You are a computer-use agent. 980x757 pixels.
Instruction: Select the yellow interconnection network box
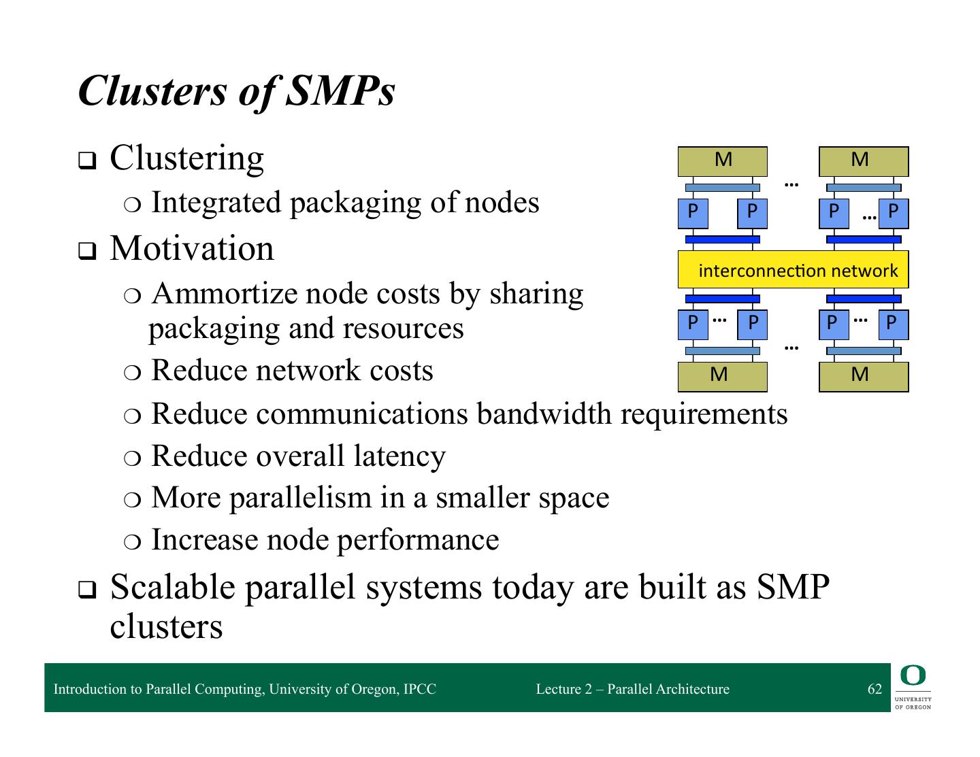click(793, 270)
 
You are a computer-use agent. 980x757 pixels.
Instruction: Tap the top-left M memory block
click(723, 161)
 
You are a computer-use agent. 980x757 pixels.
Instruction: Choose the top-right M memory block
click(863, 161)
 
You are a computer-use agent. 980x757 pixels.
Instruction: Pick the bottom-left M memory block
click(722, 375)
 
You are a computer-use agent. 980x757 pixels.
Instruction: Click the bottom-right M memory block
click(863, 375)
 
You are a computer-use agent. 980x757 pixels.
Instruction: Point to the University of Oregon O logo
click(913, 676)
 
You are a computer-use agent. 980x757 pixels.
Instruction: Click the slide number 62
click(875, 689)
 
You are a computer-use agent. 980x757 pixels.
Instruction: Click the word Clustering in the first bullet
click(186, 158)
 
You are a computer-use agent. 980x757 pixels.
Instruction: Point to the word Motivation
click(192, 248)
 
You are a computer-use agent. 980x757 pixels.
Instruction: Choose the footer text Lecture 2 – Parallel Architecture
click(632, 689)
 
